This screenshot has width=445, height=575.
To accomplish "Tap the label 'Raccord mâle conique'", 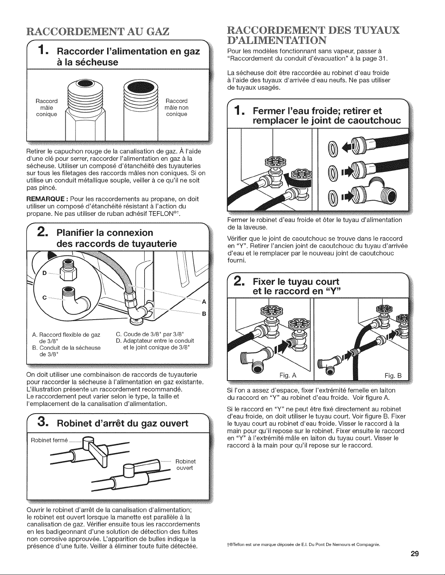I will tap(46, 108).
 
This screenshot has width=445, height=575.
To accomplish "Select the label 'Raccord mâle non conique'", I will tap(177, 107).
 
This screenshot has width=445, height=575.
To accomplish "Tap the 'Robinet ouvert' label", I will tap(185, 464).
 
